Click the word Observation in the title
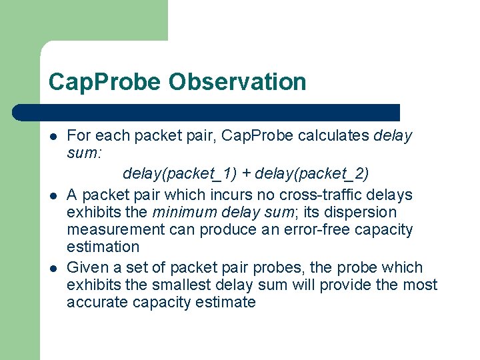[x=237, y=82]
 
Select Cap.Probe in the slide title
[x=105, y=82]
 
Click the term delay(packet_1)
[x=179, y=174]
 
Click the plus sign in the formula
[x=246, y=174]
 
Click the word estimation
[x=103, y=247]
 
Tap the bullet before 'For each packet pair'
[x=53, y=137]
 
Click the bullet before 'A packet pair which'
[x=53, y=195]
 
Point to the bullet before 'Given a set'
[x=53, y=268]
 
